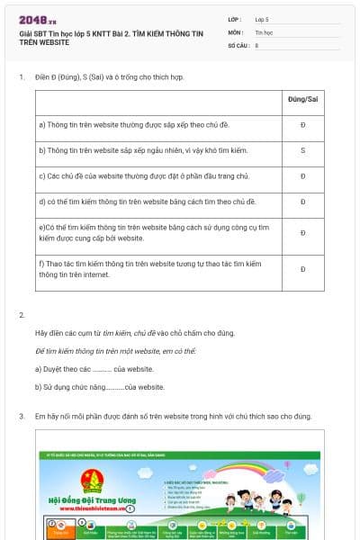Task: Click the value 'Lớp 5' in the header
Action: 263,19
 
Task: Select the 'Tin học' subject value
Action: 264,31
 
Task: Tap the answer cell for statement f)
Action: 302,269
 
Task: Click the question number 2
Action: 22,315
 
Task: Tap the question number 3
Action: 22,417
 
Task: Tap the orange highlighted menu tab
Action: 60,532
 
